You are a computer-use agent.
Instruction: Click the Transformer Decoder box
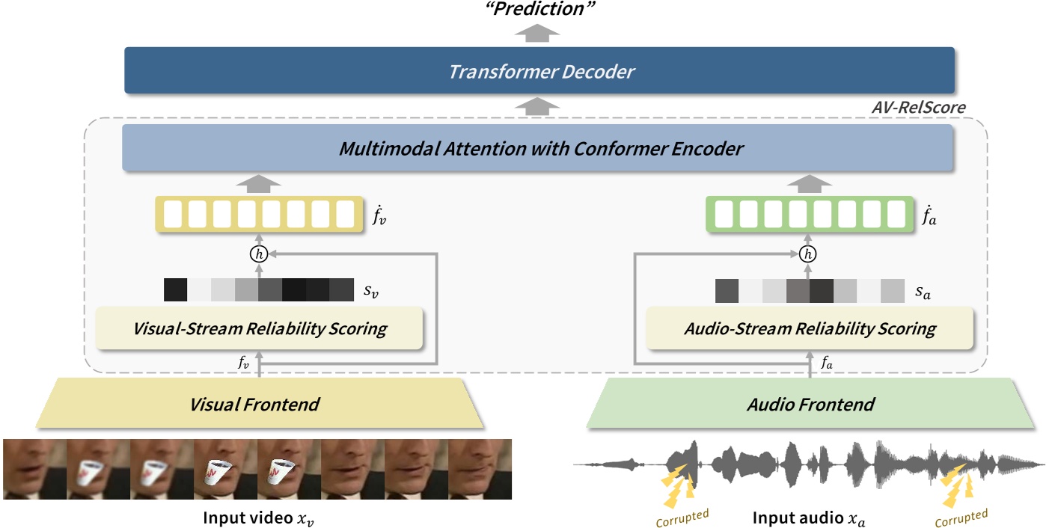(x=539, y=71)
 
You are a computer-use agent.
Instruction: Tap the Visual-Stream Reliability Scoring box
(x=260, y=328)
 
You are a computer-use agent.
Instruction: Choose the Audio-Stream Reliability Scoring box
(x=810, y=328)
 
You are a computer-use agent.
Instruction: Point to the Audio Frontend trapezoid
(x=810, y=405)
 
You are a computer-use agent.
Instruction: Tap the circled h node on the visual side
(x=260, y=255)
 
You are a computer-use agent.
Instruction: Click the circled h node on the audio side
(x=807, y=255)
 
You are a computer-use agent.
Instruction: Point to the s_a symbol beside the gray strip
(x=921, y=292)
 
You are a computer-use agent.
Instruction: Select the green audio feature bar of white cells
(x=810, y=215)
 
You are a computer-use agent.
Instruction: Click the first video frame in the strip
(x=34, y=469)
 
